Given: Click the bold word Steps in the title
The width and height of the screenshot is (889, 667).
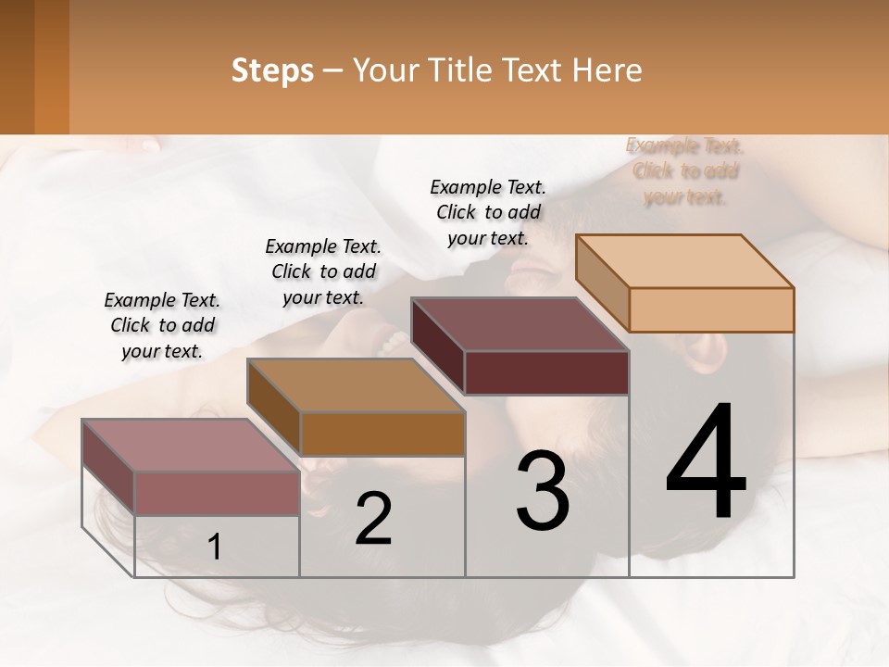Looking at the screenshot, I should (x=272, y=70).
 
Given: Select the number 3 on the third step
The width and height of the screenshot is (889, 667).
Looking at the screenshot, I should (x=543, y=492).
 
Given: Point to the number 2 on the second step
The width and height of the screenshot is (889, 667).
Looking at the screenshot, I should (x=374, y=519).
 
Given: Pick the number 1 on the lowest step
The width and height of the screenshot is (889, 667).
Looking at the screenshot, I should (x=215, y=547).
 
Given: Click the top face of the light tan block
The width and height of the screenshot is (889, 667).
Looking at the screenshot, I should (x=685, y=260).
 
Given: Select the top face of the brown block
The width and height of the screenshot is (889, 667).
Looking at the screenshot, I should (x=356, y=384).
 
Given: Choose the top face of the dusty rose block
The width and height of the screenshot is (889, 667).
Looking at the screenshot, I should (x=191, y=445).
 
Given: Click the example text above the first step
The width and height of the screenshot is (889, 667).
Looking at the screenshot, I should (x=162, y=325).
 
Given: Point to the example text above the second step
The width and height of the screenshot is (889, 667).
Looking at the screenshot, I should (x=323, y=271).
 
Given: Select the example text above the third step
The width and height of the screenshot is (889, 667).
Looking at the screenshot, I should (x=488, y=212).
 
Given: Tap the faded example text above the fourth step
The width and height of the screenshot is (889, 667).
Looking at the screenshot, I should (x=685, y=170).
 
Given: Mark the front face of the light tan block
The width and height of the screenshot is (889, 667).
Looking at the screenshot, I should (x=711, y=309).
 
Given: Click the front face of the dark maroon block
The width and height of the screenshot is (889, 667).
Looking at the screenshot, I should (x=546, y=372).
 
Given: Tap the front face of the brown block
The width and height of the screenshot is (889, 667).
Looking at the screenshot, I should (x=382, y=434).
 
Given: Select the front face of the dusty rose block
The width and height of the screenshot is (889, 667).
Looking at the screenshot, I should (x=217, y=493).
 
